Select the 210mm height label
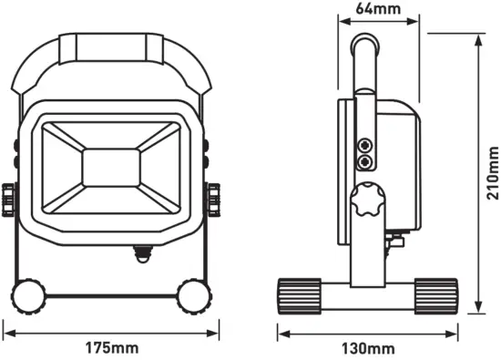coord(493,173)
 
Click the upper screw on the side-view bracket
coord(365,145)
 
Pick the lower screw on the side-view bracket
coord(365,161)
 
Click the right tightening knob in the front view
coord(215,197)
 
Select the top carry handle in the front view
coord(112,46)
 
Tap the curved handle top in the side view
coord(365,43)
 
